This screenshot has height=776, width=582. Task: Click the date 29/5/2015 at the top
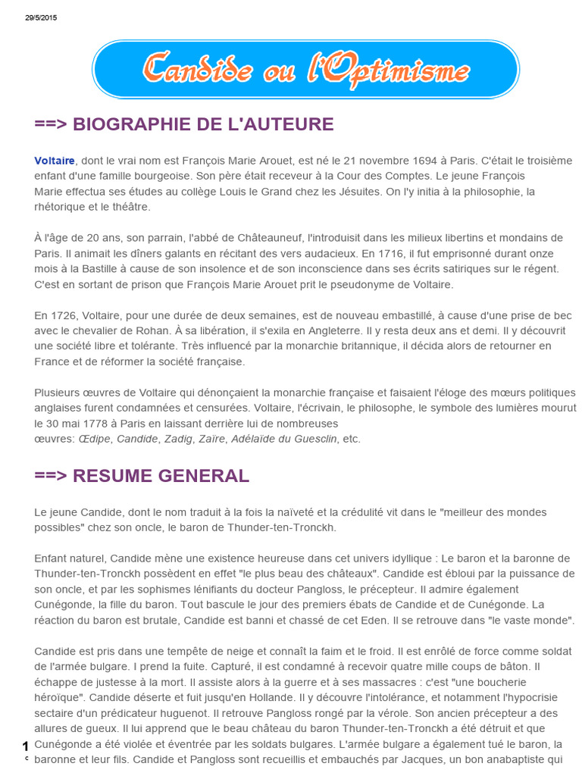coord(41,17)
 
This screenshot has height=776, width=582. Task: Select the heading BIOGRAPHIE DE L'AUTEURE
coord(184,124)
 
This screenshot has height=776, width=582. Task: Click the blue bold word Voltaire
coord(55,161)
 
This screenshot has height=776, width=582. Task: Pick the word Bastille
coord(99,268)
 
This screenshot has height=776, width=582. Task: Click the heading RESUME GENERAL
coord(142,476)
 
